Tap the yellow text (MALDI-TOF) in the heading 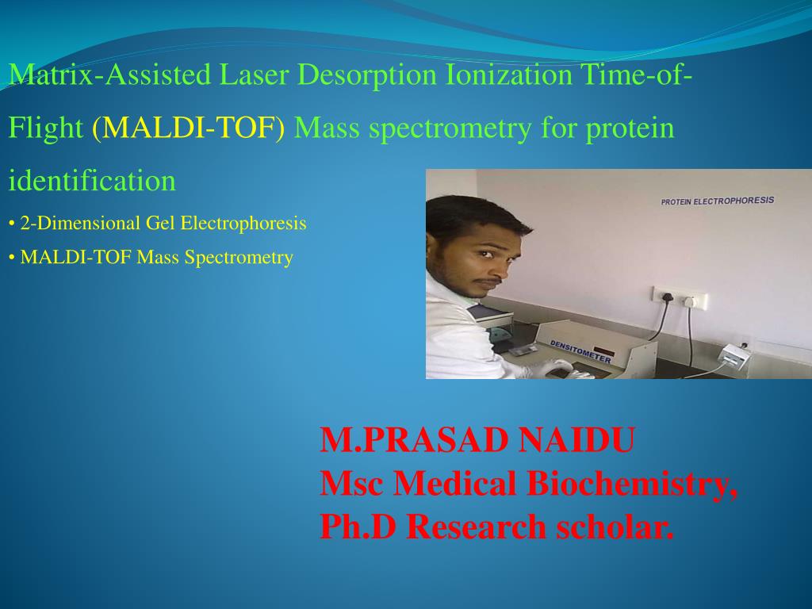pyautogui.click(x=189, y=128)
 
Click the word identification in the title pyautogui.click(x=92, y=180)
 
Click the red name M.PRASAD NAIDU pyautogui.click(x=477, y=440)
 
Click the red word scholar pyautogui.click(x=615, y=527)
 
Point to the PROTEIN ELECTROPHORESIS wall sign pyautogui.click(x=717, y=201)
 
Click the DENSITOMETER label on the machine pyautogui.click(x=580, y=351)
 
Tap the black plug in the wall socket pyautogui.click(x=668, y=298)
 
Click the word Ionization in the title pyautogui.click(x=508, y=75)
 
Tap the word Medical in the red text pyautogui.click(x=454, y=483)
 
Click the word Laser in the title pyautogui.click(x=255, y=75)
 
